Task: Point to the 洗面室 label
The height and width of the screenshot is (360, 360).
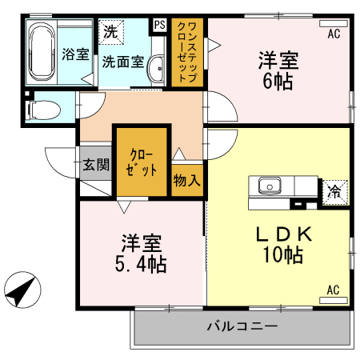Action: point(122,62)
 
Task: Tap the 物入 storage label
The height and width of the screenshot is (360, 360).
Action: point(187,181)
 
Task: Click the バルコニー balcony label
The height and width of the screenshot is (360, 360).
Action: point(242,326)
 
